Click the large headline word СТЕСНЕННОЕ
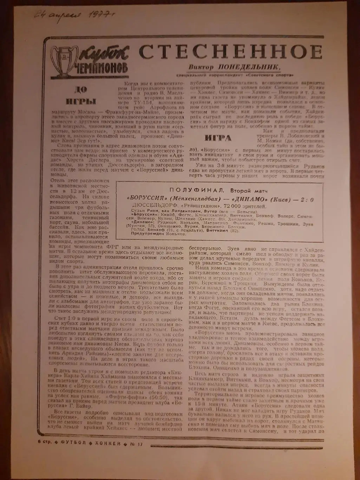pyautogui.click(x=230, y=52)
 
